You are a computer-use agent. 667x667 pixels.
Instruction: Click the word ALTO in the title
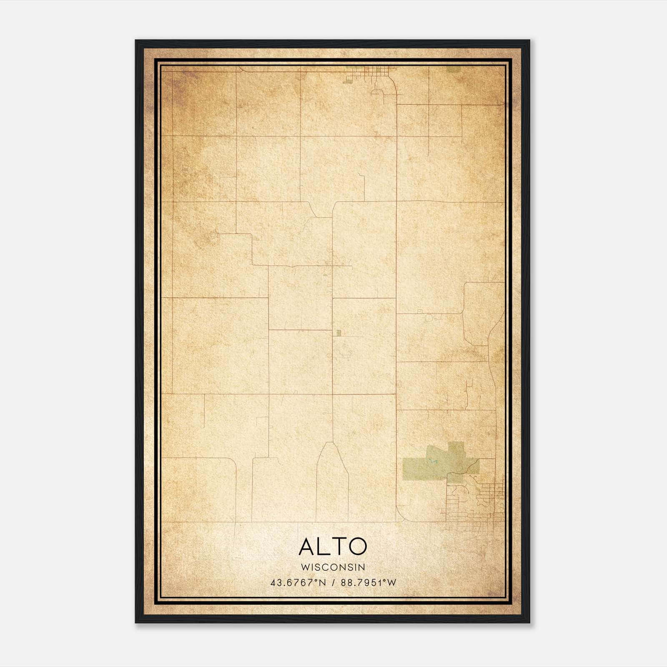click(333, 547)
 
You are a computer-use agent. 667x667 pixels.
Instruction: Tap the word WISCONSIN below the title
click(333, 567)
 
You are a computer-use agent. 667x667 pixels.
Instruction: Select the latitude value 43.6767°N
click(298, 582)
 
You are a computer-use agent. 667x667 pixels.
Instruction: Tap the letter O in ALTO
click(358, 547)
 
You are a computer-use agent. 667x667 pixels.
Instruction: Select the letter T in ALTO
click(339, 547)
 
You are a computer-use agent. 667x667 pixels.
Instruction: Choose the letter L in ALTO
click(323, 547)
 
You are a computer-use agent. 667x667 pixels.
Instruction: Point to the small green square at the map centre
click(339, 333)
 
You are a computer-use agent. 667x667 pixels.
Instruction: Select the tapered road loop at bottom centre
click(332, 479)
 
